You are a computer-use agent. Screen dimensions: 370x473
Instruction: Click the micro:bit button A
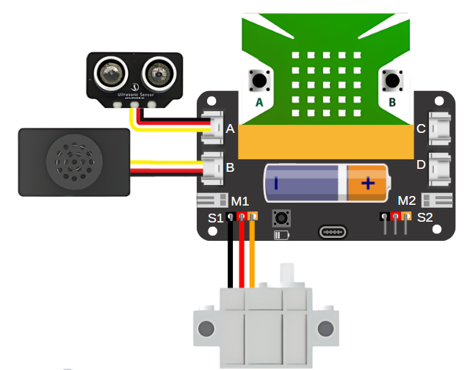(x=259, y=79)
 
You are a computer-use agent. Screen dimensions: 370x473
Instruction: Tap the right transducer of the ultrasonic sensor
(x=156, y=73)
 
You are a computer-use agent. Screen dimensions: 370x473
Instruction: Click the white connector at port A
(x=213, y=127)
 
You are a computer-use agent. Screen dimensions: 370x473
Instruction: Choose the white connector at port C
(x=441, y=128)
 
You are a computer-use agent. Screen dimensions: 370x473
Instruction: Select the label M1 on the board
(x=240, y=201)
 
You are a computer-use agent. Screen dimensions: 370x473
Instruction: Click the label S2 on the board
(x=425, y=217)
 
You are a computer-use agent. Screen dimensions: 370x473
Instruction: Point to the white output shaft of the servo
(x=288, y=276)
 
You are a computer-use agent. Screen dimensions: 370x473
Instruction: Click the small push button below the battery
(x=281, y=217)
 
